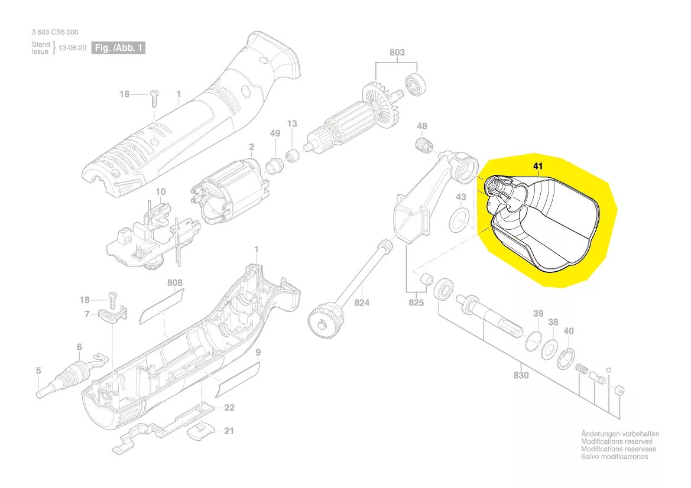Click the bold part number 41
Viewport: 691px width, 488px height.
pos(538,166)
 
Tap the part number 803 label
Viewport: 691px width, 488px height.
pos(397,53)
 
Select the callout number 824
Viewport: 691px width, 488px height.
pos(362,302)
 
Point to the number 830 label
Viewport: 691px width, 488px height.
pos(521,375)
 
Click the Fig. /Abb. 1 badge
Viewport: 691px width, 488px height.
pos(118,48)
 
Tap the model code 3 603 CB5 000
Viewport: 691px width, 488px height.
pos(55,32)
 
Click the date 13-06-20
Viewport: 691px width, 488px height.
pos(72,48)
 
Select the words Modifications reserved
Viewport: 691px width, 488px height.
pos(617,441)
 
